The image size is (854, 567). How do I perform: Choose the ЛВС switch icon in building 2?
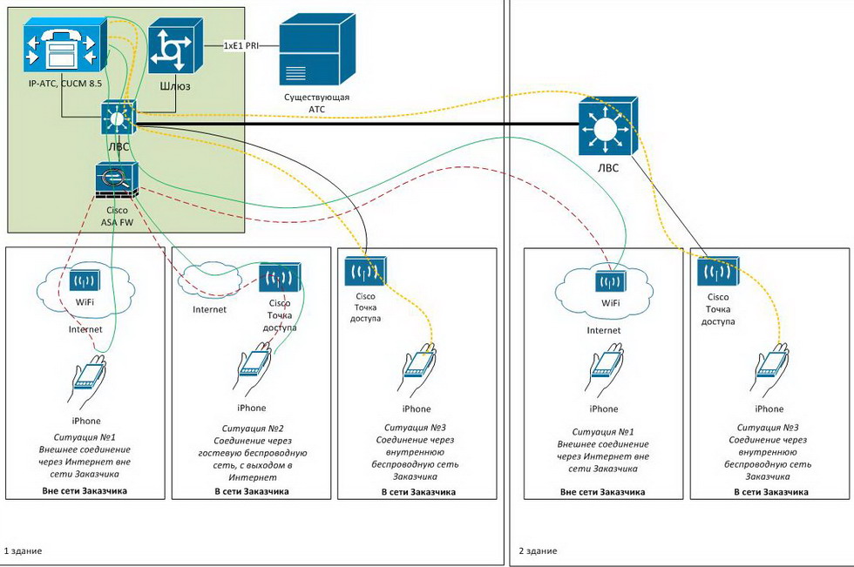[x=607, y=128]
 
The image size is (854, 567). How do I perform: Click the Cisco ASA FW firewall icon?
[x=117, y=181]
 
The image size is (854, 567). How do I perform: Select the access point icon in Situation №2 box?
[x=279, y=278]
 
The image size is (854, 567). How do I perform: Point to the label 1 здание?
[x=23, y=551]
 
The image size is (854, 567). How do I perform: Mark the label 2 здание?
[x=537, y=551]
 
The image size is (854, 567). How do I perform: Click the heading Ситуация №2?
[x=252, y=428]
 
